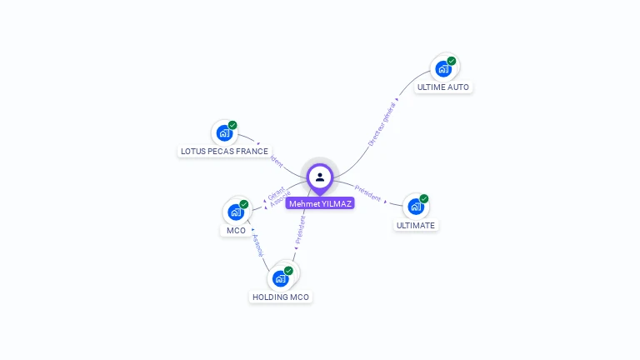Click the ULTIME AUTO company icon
pos(444,67)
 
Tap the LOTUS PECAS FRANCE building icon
pos(223,132)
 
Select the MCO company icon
pos(236,212)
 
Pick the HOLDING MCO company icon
pos(280,277)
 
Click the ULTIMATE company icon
pos(416,206)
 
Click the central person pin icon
pos(320,177)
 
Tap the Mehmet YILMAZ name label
pos(320,203)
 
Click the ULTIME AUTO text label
pos(443,87)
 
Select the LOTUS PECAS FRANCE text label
pos(224,152)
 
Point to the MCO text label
pos(236,230)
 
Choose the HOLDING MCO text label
pos(281,297)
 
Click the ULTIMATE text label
pos(416,225)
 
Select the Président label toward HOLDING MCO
pos(301,228)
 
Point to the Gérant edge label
pos(276,192)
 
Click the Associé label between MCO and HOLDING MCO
pos(257,244)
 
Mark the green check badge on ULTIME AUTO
pos(452,61)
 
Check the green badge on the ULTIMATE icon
pos(424,199)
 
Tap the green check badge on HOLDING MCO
pos(288,271)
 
